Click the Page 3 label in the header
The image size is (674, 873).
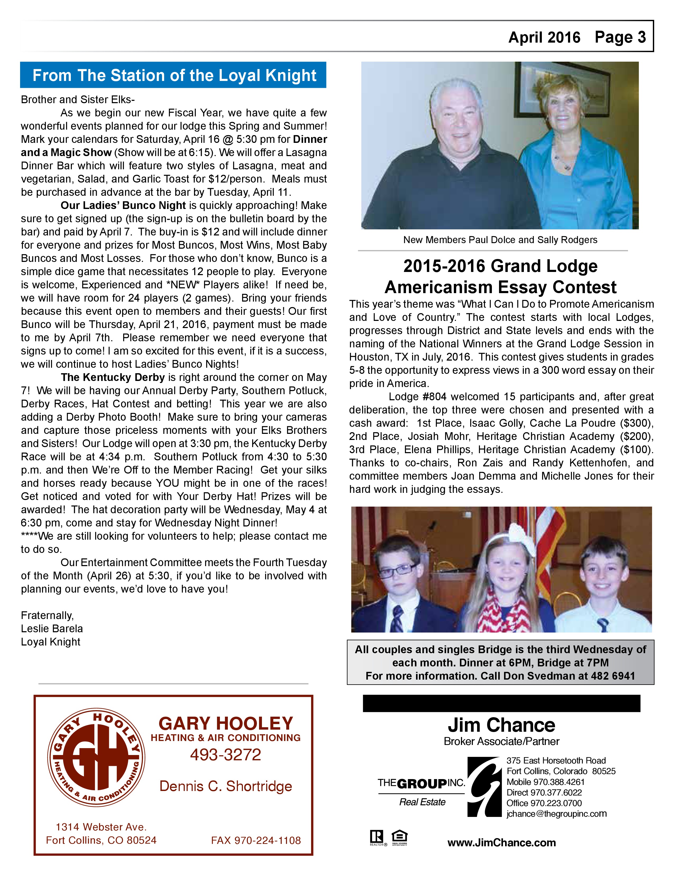[x=620, y=37]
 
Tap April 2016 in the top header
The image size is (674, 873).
[x=544, y=38]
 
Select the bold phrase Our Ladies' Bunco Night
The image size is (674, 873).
[x=123, y=206]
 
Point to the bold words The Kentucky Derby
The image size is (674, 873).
[x=113, y=377]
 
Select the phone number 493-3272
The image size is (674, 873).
[x=226, y=755]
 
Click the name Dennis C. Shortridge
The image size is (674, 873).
[x=226, y=786]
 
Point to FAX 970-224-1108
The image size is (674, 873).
[x=256, y=841]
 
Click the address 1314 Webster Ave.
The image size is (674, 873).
[x=101, y=827]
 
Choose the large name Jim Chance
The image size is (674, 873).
[x=501, y=725]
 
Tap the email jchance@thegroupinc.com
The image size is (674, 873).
[x=556, y=814]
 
